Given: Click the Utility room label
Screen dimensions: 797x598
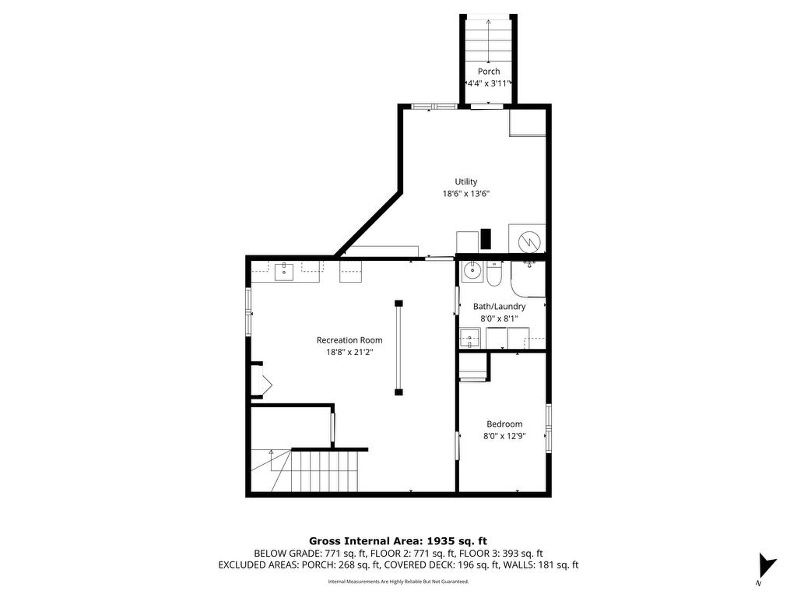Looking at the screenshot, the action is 466,181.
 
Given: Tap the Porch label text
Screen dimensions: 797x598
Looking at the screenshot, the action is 489,71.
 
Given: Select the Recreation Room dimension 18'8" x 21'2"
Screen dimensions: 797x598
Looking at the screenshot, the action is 349,352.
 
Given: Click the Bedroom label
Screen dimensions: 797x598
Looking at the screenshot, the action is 504,424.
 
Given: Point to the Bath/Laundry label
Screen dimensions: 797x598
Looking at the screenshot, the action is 499,307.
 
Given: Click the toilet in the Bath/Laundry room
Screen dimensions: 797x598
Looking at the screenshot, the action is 494,273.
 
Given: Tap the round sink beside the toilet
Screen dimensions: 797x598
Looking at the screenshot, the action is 472,271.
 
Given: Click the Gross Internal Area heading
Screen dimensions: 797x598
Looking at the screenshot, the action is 398,541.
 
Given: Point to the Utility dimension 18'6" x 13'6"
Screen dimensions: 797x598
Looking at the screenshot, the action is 466,194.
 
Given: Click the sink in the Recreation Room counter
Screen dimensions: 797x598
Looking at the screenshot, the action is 284,272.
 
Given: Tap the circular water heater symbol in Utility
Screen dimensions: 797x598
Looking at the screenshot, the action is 528,241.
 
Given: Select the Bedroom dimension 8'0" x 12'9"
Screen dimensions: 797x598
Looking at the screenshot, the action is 504,436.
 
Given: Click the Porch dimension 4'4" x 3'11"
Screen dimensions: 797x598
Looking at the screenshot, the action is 489,83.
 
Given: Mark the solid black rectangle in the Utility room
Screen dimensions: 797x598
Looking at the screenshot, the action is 486,239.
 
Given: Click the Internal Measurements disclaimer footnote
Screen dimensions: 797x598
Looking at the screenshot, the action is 398,581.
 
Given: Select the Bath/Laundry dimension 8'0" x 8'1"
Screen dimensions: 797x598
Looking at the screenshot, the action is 499,318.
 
